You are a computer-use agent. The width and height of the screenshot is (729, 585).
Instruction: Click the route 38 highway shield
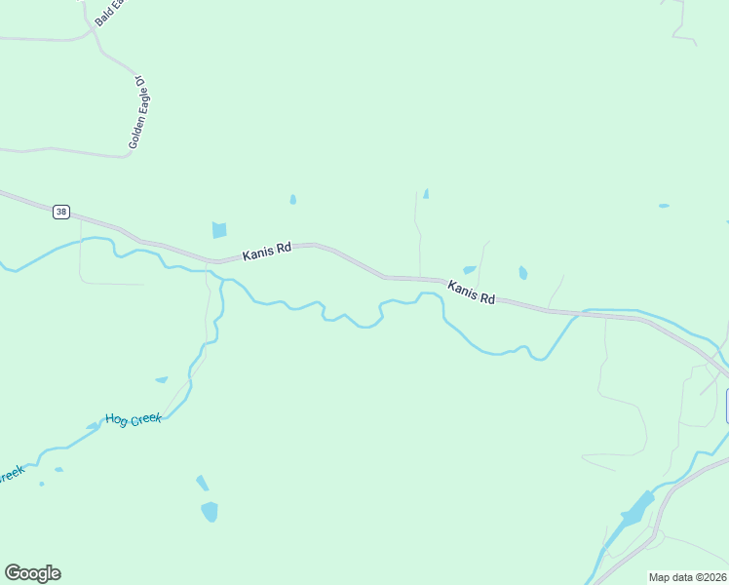pyautogui.click(x=61, y=212)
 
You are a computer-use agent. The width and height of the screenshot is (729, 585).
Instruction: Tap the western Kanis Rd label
pyautogui.click(x=267, y=251)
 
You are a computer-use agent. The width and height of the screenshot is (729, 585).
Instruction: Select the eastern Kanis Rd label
pyautogui.click(x=472, y=292)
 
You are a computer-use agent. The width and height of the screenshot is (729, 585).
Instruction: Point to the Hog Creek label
pyautogui.click(x=133, y=420)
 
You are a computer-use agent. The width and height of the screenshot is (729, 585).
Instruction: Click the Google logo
pyautogui.click(x=32, y=573)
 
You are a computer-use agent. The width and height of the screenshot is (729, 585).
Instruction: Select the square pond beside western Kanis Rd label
pyautogui.click(x=219, y=230)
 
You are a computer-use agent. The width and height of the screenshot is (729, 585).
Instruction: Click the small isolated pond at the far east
pyautogui.click(x=664, y=206)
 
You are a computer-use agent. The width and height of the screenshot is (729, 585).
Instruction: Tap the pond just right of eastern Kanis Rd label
pyautogui.click(x=523, y=273)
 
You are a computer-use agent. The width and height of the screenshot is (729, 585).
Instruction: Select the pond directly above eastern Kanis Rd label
pyautogui.click(x=470, y=270)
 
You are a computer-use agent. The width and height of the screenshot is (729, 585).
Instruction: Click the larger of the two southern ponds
pyautogui.click(x=210, y=511)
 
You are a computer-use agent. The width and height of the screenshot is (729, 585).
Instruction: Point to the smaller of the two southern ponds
pyautogui.click(x=202, y=483)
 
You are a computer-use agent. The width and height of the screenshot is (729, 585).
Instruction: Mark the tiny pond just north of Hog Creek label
pyautogui.click(x=161, y=379)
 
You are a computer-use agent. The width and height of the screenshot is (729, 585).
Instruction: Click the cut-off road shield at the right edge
pyautogui.click(x=725, y=406)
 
